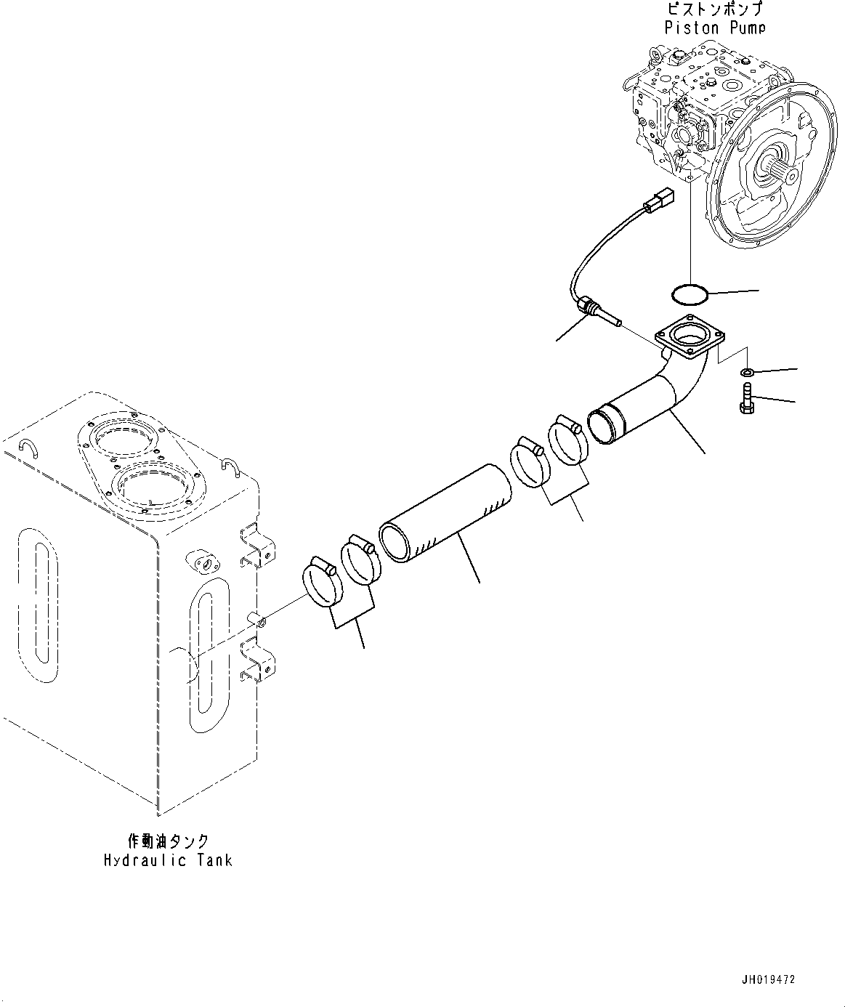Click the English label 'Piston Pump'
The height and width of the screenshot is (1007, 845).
(x=715, y=28)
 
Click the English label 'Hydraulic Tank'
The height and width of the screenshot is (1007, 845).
(x=168, y=860)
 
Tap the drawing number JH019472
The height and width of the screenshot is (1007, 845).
(x=769, y=980)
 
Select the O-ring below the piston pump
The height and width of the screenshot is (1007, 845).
(x=687, y=294)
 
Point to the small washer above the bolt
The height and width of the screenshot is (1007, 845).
(x=747, y=373)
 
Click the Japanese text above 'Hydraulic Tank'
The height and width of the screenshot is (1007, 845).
(x=168, y=841)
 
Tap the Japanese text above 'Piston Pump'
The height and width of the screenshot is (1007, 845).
(x=715, y=9)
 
